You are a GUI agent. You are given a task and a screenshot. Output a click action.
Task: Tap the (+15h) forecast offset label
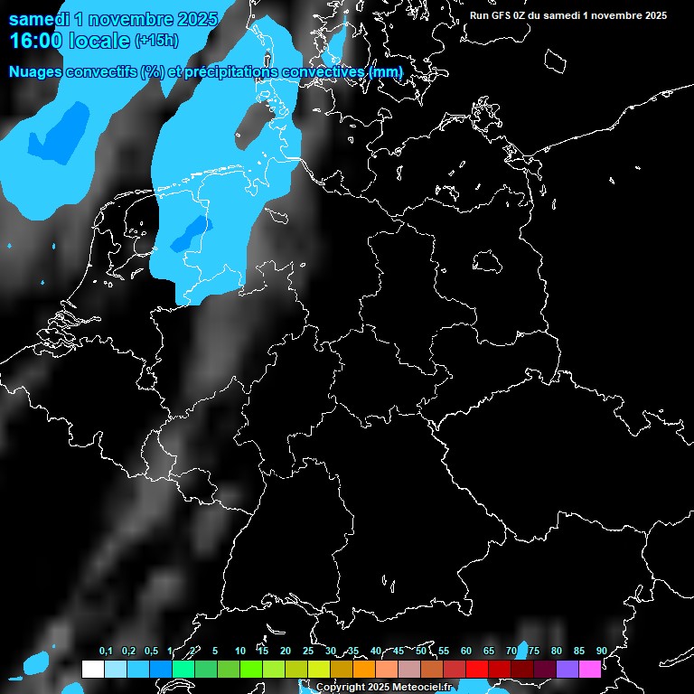156,41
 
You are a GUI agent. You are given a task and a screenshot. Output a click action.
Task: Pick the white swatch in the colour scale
92,669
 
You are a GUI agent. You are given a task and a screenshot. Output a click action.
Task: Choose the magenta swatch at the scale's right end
590,669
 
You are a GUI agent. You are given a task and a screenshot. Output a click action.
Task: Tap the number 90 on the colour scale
601,652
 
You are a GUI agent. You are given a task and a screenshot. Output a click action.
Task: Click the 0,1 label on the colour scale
106,652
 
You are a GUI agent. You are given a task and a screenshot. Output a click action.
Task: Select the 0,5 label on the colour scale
151,652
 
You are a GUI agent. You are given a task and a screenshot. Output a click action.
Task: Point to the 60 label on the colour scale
466,652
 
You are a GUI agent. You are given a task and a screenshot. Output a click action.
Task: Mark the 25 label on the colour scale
308,652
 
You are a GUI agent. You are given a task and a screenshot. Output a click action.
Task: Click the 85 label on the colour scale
579,652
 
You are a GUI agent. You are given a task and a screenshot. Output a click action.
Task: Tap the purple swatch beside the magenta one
567,669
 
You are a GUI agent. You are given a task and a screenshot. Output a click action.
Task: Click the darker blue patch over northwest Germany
189,234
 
